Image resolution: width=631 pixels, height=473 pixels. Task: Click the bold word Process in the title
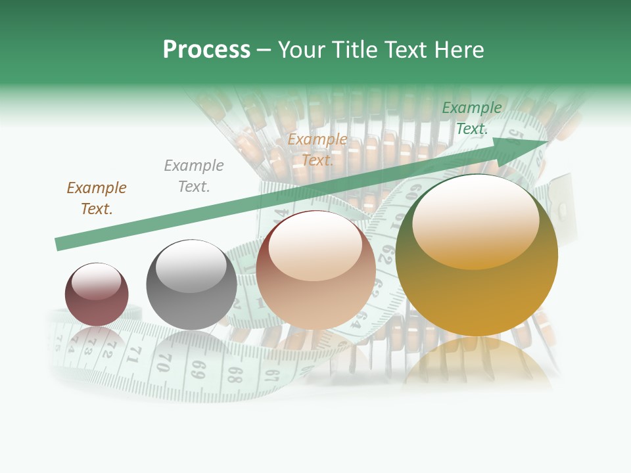(x=206, y=50)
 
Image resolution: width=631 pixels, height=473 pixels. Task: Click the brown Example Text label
(x=96, y=198)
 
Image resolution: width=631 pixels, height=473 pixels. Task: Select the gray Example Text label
(x=194, y=176)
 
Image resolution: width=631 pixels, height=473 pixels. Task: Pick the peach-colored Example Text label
(x=317, y=150)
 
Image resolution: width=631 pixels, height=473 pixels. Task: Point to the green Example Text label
(x=472, y=118)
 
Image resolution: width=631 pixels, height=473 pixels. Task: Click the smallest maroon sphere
(x=97, y=294)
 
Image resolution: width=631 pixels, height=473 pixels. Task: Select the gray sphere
(x=191, y=285)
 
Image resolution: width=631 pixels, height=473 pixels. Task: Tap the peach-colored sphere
(x=315, y=270)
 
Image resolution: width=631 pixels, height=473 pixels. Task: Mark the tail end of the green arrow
(x=59, y=244)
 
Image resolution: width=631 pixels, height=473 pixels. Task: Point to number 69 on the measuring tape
(x=198, y=368)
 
